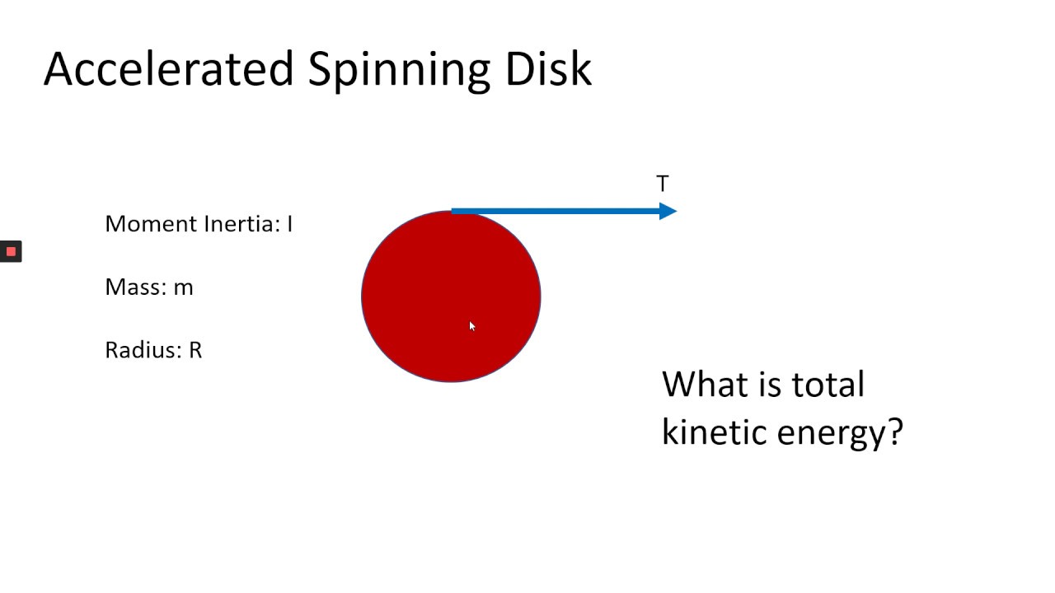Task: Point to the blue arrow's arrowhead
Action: [x=668, y=212]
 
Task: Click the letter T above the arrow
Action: [x=663, y=184]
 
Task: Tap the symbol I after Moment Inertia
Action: [x=290, y=224]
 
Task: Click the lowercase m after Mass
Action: [x=184, y=288]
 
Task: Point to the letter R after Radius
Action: [x=195, y=350]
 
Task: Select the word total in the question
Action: [x=828, y=385]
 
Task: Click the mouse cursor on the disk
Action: [x=472, y=326]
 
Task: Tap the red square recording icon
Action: [x=11, y=251]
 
